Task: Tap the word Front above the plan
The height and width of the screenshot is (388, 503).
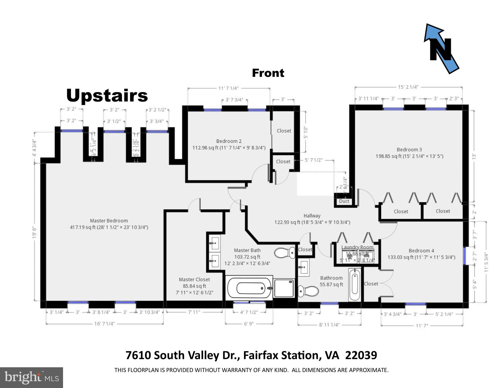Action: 268,73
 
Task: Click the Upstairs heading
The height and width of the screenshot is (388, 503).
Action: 107,96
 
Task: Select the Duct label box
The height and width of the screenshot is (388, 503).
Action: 344,201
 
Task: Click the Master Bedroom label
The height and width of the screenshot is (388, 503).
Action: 109,221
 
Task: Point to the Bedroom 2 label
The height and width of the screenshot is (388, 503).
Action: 229,141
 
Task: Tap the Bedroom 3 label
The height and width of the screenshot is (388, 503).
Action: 409,150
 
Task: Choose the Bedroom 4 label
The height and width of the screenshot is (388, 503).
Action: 421,250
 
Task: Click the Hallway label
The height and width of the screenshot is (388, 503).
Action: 312,216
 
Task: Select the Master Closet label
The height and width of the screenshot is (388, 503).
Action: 194,279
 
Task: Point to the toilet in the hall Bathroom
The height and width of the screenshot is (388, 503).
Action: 308,291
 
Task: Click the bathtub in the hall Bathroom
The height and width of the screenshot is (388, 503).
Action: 354,284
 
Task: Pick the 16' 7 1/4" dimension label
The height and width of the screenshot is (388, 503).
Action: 104,324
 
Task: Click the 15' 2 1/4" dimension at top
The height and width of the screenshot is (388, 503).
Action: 408,87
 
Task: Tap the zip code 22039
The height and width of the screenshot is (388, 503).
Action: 361,355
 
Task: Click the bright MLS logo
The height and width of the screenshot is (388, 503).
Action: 31,377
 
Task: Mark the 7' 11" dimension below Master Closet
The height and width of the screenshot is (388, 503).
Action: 194,312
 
